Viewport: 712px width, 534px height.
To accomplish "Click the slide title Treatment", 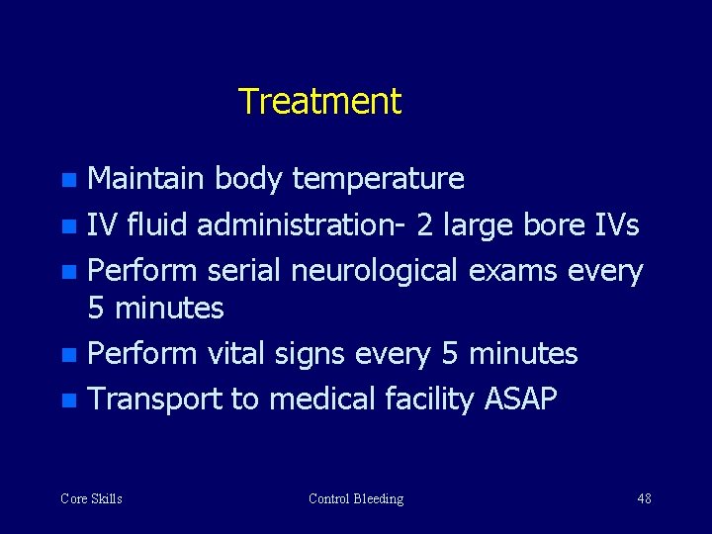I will pos(319,101).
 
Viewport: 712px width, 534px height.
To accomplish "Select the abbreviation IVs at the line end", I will pos(616,225).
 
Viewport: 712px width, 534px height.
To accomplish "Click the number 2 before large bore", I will pos(424,225).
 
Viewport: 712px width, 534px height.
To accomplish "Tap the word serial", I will pos(243,271).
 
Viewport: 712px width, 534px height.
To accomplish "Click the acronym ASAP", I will pos(520,400).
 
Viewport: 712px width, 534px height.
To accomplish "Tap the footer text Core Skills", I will pos(91,498).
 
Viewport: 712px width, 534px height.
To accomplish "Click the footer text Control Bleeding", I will pos(356,498).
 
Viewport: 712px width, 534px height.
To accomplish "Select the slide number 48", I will pos(644,498).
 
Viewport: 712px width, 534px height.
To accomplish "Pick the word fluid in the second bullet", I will pos(153,225).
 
